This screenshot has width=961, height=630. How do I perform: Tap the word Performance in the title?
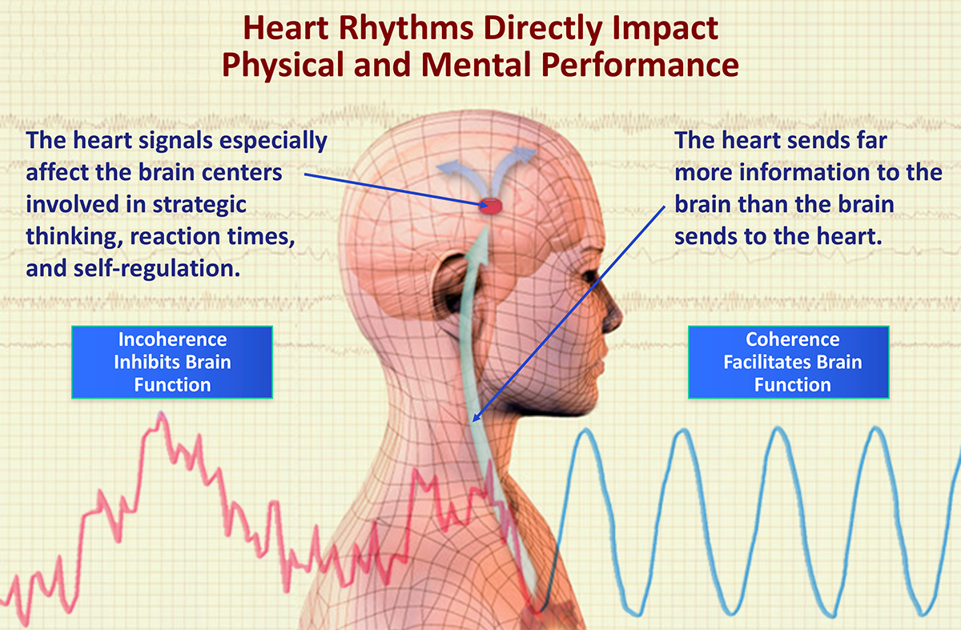[640, 65]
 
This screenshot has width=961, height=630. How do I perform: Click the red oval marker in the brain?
[490, 207]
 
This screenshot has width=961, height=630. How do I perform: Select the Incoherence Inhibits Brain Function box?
[172, 363]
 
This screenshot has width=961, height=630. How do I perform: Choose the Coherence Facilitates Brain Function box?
[789, 363]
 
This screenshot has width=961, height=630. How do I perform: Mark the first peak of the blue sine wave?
[585, 431]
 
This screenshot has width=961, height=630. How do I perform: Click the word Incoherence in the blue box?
[172, 339]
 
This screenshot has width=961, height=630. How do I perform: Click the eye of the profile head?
[591, 277]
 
